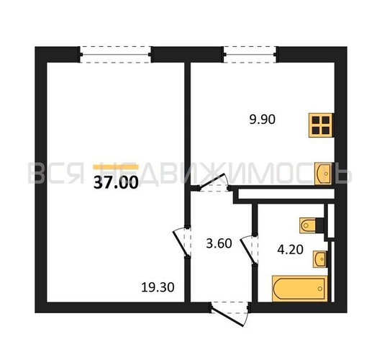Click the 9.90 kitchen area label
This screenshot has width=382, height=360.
click(262, 120)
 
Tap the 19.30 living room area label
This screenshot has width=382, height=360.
click(158, 287)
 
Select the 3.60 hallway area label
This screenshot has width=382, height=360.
click(219, 243)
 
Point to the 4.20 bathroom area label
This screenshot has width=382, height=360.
click(290, 250)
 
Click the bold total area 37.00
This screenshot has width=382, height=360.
click(116, 182)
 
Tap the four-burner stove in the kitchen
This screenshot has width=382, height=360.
click(321, 125)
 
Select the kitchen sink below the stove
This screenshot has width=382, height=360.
click(324, 174)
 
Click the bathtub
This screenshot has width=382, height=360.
click(300, 289)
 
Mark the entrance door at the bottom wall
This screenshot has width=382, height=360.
click(229, 314)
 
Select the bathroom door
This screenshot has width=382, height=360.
click(249, 249)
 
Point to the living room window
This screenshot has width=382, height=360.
click(116, 55)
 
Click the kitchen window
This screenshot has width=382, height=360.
click(250, 55)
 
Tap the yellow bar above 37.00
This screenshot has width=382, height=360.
click(116, 167)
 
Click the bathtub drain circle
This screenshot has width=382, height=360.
click(320, 289)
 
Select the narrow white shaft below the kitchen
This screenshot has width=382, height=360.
click(286, 194)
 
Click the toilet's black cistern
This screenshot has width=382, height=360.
click(319, 225)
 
